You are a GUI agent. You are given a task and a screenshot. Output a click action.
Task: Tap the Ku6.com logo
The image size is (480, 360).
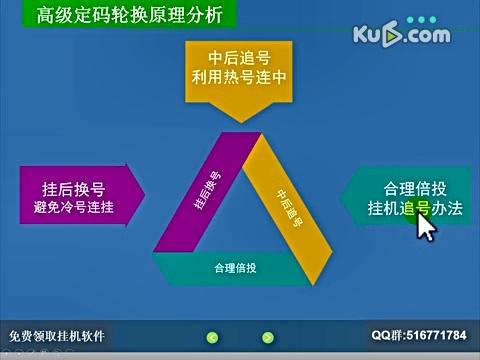[399, 36]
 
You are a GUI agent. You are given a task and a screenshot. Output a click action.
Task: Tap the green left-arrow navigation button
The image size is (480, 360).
[212, 336]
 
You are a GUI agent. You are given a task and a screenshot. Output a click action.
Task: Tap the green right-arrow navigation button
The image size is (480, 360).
[267, 336]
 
